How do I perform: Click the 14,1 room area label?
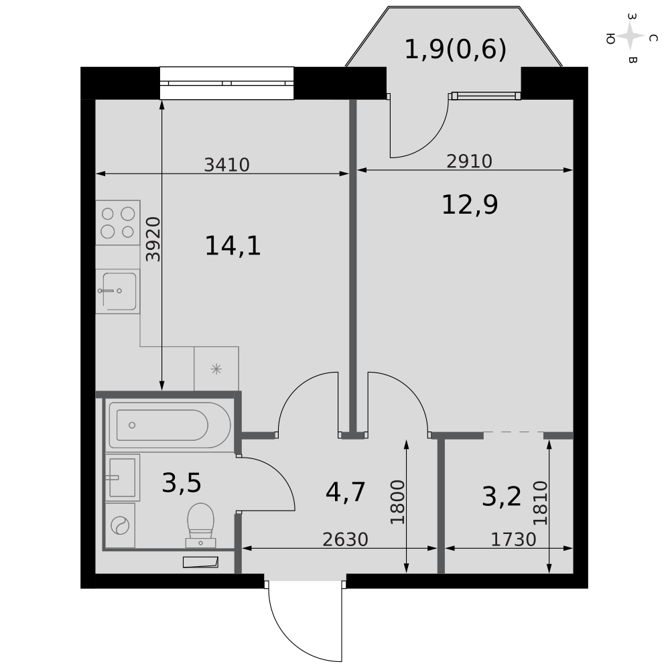(233, 246)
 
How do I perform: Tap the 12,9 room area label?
(470, 204)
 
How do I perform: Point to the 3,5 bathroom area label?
(182, 483)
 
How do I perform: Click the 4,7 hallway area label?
(345, 492)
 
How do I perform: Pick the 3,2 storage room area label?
(502, 497)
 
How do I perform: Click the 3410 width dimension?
(226, 165)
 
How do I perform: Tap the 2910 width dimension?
(469, 161)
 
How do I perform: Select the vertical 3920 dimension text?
(153, 239)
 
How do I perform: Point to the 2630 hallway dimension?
(345, 539)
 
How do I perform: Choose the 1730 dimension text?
(513, 539)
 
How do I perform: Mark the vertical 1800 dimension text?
(397, 502)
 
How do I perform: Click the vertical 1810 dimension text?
(540, 503)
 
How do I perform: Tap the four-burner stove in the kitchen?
(118, 222)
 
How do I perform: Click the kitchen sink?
(118, 291)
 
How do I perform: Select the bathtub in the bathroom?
(170, 425)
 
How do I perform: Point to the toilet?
(200, 525)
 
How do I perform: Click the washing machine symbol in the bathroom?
(120, 525)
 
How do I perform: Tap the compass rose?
(630, 37)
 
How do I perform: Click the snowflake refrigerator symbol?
(216, 368)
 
